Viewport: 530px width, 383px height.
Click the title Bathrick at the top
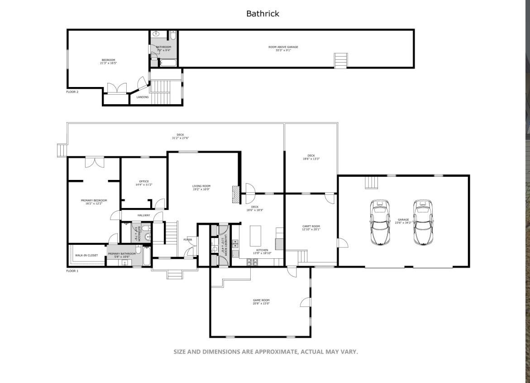click(263, 14)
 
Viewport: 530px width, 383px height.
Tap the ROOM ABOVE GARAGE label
click(283, 47)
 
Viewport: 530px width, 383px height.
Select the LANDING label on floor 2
click(143, 97)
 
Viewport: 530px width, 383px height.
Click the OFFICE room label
click(144, 182)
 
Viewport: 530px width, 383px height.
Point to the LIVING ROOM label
click(201, 186)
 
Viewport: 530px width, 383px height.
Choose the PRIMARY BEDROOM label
click(94, 200)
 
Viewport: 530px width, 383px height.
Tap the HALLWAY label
click(143, 215)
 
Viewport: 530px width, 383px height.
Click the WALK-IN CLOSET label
click(86, 255)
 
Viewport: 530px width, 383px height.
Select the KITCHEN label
click(262, 250)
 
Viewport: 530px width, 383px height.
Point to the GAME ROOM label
click(261, 301)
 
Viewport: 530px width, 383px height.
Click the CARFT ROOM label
click(311, 226)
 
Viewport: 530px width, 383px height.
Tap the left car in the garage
click(380, 222)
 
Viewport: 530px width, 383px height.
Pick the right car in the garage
click(423, 222)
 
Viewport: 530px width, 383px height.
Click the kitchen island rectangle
click(256, 236)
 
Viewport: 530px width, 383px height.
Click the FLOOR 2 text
click(72, 92)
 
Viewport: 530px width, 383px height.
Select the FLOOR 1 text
click(72, 271)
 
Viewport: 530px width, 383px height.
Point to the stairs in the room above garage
click(341, 60)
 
